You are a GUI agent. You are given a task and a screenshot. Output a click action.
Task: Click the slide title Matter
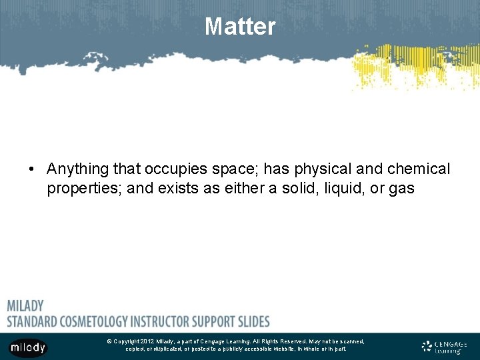[x=239, y=27]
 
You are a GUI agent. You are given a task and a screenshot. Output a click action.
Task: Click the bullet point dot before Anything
[x=32, y=170]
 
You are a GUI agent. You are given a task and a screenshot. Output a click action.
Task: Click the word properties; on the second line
[x=84, y=189]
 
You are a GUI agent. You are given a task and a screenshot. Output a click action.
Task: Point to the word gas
[x=402, y=189]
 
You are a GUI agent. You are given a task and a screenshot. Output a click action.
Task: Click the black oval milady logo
[x=27, y=347]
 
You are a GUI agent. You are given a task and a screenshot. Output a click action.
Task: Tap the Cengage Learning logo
[x=444, y=347]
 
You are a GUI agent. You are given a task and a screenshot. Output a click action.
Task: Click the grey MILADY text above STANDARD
[x=25, y=306]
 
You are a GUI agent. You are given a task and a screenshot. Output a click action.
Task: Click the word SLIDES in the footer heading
[x=250, y=321]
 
